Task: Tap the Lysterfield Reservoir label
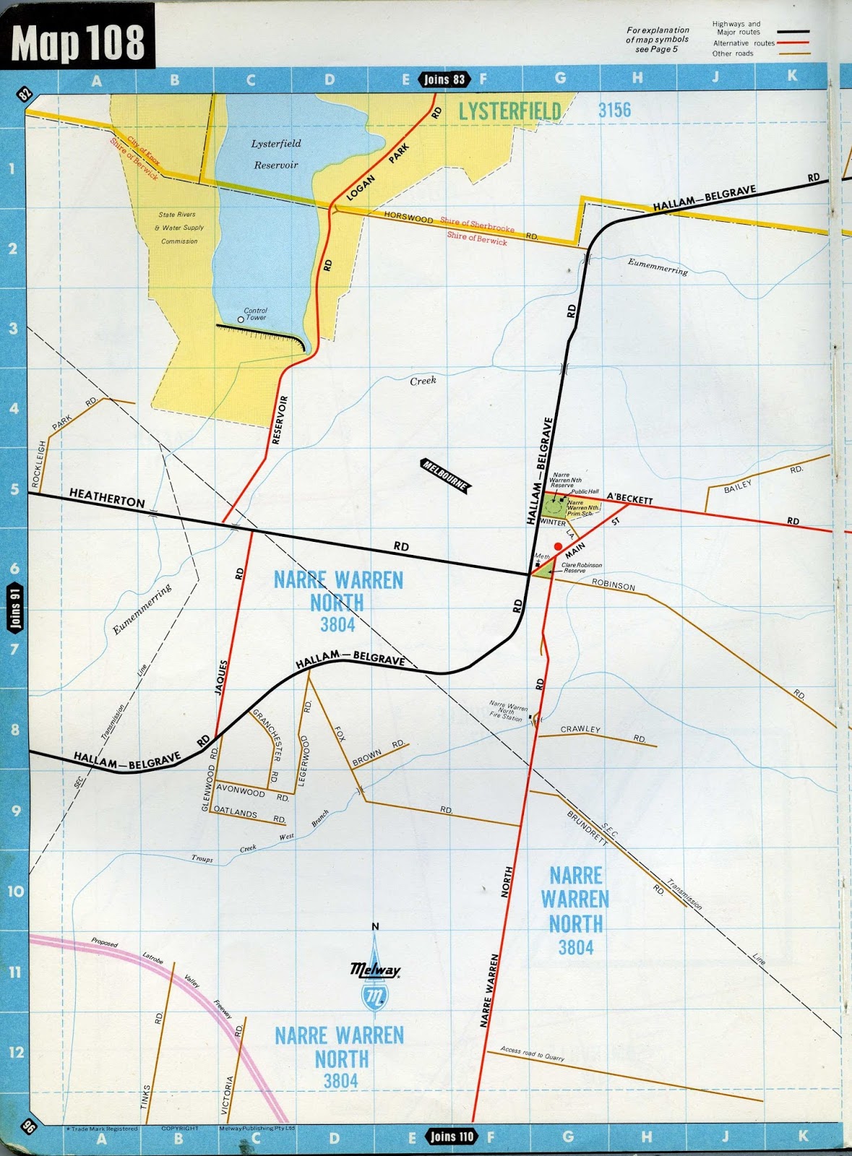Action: [276, 154]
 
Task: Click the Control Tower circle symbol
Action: [241, 319]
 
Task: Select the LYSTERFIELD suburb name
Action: [509, 111]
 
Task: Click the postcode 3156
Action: [614, 110]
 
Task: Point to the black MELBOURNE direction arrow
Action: [445, 476]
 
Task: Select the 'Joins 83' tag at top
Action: [444, 79]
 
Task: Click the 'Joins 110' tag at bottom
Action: [452, 1136]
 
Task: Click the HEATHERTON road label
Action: [107, 497]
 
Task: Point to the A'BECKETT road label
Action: [629, 498]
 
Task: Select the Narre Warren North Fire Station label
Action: [507, 710]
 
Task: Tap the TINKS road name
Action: [147, 1099]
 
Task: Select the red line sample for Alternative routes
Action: [793, 43]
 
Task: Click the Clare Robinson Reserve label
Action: [582, 568]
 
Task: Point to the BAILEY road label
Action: [738, 486]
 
